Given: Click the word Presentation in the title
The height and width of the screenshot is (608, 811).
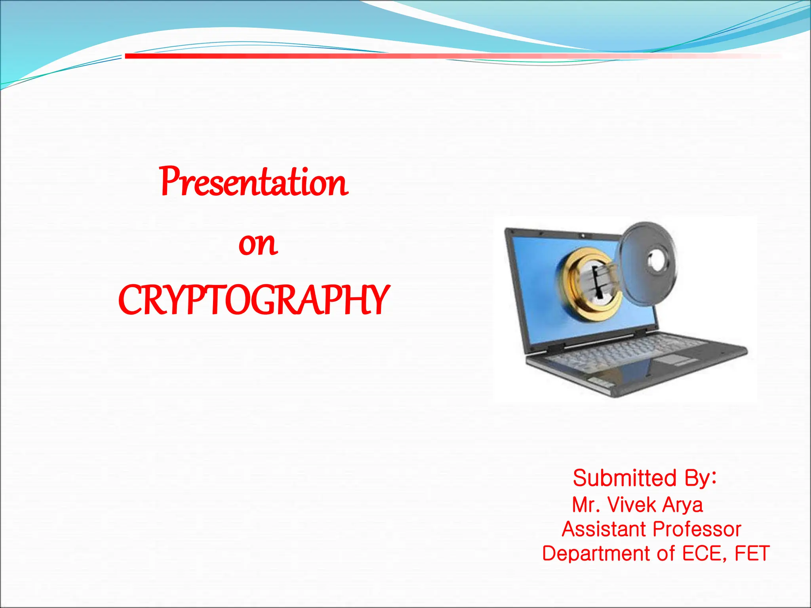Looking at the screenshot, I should pyautogui.click(x=254, y=182).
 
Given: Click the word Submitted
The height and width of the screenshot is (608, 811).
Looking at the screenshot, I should pyautogui.click(x=624, y=478).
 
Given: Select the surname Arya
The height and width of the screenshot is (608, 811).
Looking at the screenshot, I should pyautogui.click(x=683, y=505).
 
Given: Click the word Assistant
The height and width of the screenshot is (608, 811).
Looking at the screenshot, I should pyautogui.click(x=604, y=529).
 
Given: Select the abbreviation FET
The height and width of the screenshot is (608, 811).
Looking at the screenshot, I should pyautogui.click(x=752, y=553).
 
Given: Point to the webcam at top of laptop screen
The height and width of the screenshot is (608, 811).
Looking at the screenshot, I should pyautogui.click(x=583, y=236).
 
